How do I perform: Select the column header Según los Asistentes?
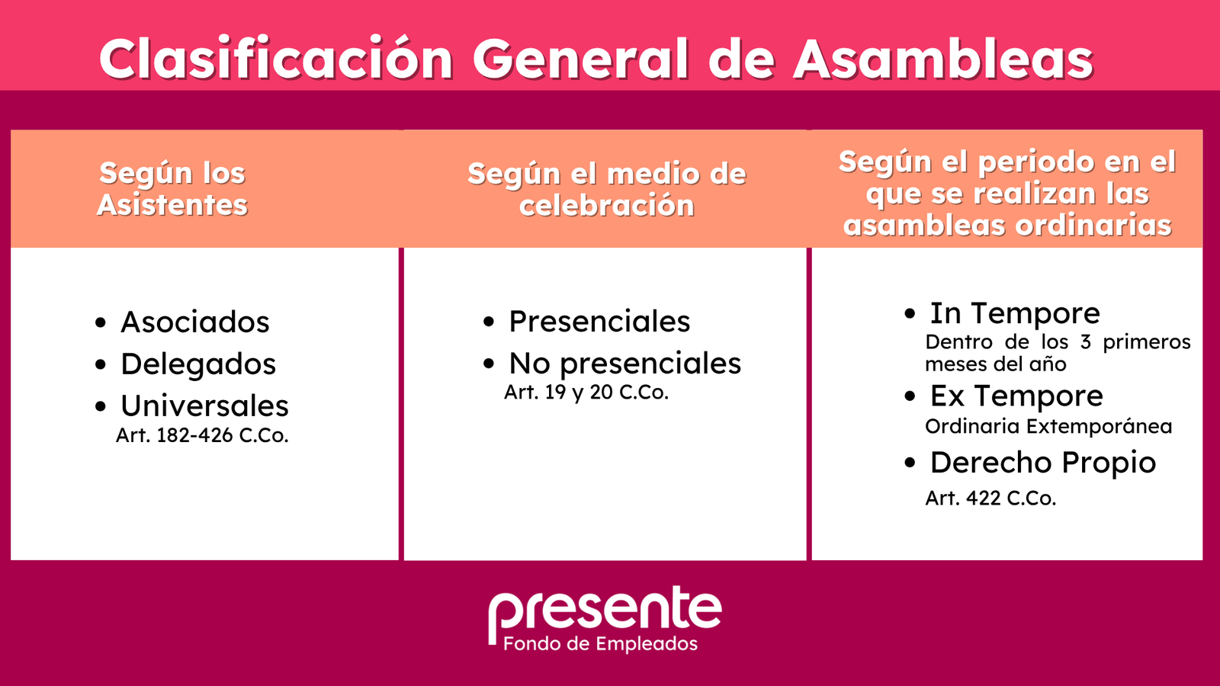(x=172, y=190)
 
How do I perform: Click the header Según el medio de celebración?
(x=607, y=190)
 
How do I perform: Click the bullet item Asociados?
(x=195, y=322)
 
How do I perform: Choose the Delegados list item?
(x=198, y=364)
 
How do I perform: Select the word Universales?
(x=205, y=406)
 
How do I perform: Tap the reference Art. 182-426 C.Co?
(x=202, y=435)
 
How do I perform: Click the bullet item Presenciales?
(x=599, y=321)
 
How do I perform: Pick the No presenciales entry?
(x=625, y=364)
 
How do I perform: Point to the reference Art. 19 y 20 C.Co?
(x=586, y=393)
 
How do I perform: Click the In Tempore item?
(x=1015, y=313)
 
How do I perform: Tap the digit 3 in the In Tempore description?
(x=1086, y=342)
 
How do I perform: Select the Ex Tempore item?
(x=1016, y=396)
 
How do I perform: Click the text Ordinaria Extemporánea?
(x=1048, y=426)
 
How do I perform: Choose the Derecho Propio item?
(x=1043, y=463)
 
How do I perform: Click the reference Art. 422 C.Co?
(x=990, y=498)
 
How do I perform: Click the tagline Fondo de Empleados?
(x=600, y=644)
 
